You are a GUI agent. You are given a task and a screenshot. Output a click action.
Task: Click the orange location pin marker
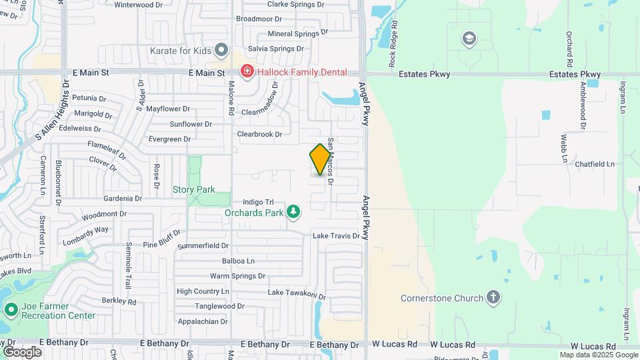click(320, 159)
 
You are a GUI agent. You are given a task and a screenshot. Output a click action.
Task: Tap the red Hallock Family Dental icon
click(247, 71)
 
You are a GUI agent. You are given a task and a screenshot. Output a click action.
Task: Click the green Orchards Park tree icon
click(293, 212)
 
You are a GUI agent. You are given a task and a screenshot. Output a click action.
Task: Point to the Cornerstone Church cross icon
click(493, 297)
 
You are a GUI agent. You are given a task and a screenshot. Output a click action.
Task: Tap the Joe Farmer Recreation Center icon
click(11, 309)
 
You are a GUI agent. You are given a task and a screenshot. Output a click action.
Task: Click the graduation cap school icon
click(469, 39)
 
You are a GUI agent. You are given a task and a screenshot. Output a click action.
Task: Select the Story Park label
click(194, 190)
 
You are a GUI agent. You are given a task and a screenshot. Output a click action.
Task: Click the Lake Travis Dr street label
click(336, 236)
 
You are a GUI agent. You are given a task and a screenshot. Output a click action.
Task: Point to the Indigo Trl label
click(258, 202)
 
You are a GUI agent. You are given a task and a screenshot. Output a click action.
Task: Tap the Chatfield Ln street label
click(594, 164)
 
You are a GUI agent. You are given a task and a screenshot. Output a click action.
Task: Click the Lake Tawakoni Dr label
click(296, 293)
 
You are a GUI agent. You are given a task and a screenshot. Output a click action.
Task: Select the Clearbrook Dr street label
click(260, 134)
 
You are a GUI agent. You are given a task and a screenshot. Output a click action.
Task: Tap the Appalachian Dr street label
click(202, 321)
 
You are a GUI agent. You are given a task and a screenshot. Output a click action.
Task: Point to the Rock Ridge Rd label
click(394, 37)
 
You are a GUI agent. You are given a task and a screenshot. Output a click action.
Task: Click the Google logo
click(22, 351)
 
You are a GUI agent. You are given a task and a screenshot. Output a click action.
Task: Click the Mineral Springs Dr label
click(297, 33)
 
